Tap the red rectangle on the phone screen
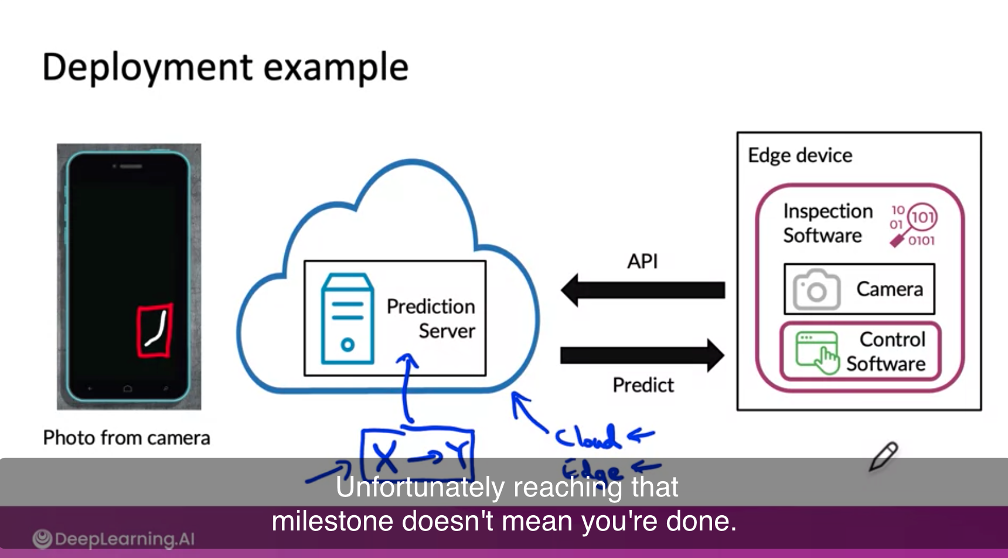pyautogui.click(x=155, y=330)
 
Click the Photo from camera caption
pyautogui.click(x=126, y=438)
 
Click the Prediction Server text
pyautogui.click(x=431, y=318)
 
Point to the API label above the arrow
pyautogui.click(x=642, y=261)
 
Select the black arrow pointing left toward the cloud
pyautogui.click(x=642, y=290)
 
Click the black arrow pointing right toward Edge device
pyautogui.click(x=642, y=355)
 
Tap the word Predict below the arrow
pyautogui.click(x=643, y=385)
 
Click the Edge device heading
pyautogui.click(x=800, y=155)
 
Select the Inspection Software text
pyautogui.click(x=827, y=223)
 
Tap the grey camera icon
pyautogui.click(x=816, y=290)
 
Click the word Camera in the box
pyautogui.click(x=889, y=289)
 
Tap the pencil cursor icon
pyautogui.click(x=883, y=457)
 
